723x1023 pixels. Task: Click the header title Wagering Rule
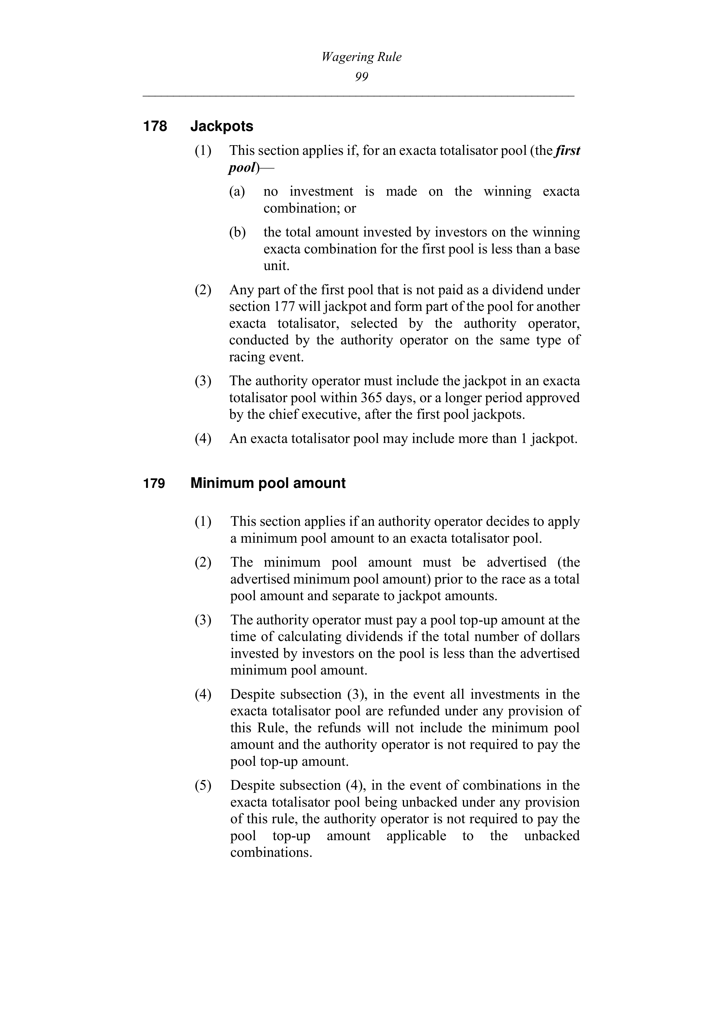[x=361, y=57]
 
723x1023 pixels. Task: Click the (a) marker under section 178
[x=237, y=192]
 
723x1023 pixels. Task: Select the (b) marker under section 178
[x=237, y=233]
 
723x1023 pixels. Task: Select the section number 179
[x=154, y=484]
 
